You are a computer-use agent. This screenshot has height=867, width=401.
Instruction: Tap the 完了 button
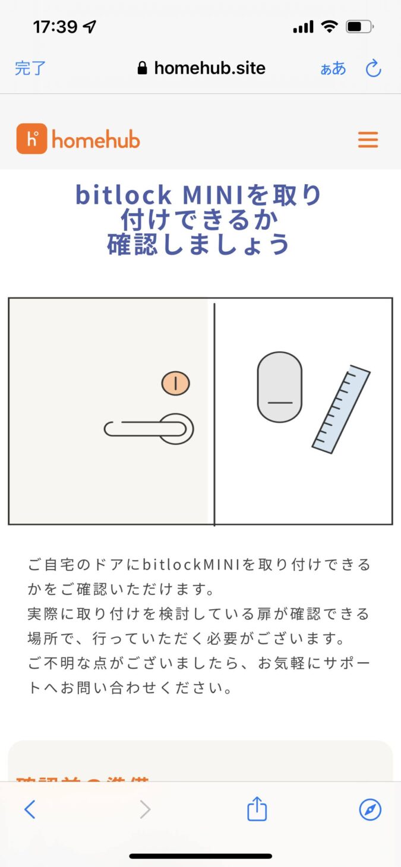point(30,68)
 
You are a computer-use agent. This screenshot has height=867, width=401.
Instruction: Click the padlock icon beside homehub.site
point(142,68)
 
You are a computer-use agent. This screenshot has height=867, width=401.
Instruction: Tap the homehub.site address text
point(209,68)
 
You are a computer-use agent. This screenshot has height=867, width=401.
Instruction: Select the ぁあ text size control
point(333,69)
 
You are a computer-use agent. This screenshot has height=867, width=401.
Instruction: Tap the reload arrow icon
point(373,68)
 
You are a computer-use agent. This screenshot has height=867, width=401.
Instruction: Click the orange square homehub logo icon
point(31,139)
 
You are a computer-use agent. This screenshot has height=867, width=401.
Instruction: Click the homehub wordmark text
point(96,140)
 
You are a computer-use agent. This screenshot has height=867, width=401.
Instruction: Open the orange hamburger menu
point(368,140)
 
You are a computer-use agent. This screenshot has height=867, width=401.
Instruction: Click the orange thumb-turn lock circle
point(175,383)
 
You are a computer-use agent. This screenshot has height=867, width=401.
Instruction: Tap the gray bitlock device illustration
point(279,387)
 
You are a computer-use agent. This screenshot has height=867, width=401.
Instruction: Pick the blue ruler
point(342,409)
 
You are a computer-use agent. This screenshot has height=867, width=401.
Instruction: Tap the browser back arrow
point(30,809)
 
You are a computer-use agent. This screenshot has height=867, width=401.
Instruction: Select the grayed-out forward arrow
point(145,809)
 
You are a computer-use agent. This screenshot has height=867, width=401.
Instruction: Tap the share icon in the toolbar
point(257,809)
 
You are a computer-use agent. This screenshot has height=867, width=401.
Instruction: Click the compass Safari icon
point(370,809)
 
